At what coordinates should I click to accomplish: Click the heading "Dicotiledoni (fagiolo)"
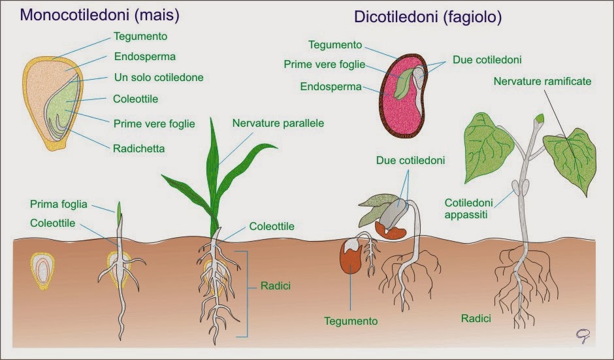click(x=428, y=17)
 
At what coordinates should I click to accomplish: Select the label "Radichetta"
click(x=139, y=148)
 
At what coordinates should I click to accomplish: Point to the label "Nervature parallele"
click(x=278, y=123)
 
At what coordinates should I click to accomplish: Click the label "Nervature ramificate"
click(x=542, y=82)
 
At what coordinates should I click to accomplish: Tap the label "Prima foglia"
click(x=59, y=205)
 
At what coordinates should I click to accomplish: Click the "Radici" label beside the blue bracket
click(x=276, y=286)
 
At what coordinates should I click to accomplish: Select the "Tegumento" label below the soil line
click(x=351, y=321)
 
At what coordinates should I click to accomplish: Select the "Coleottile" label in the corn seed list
click(x=136, y=99)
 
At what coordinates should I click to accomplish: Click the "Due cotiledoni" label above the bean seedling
click(x=410, y=160)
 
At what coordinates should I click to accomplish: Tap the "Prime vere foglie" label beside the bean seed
click(x=324, y=65)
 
